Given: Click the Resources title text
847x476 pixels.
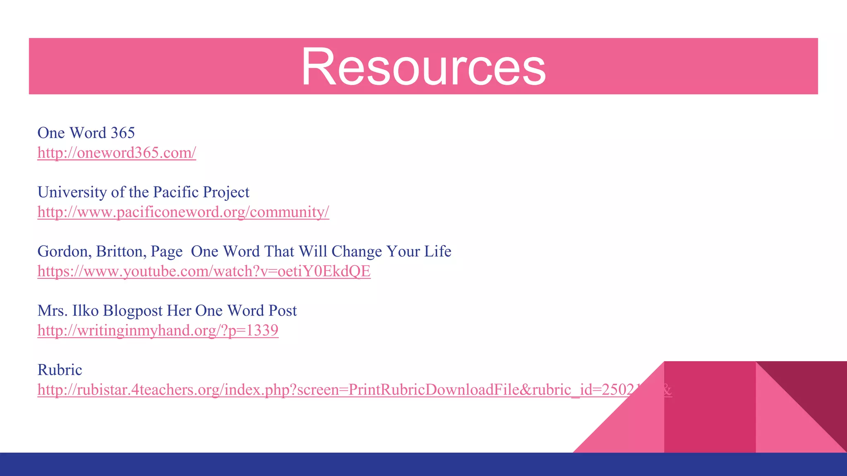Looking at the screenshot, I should point(423,67).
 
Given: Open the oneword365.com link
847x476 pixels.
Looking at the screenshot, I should point(117,152).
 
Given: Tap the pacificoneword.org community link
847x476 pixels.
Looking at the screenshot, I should point(183,212).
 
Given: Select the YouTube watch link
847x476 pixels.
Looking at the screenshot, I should point(204,271).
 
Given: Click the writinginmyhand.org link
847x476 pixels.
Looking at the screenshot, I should point(158,331).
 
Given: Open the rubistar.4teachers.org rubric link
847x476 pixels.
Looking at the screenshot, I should point(331,390).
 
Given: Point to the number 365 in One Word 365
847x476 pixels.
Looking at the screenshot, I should point(123,133).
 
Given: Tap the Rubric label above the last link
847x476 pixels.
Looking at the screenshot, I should point(60,370).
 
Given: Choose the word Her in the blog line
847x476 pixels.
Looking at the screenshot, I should point(179,311).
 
